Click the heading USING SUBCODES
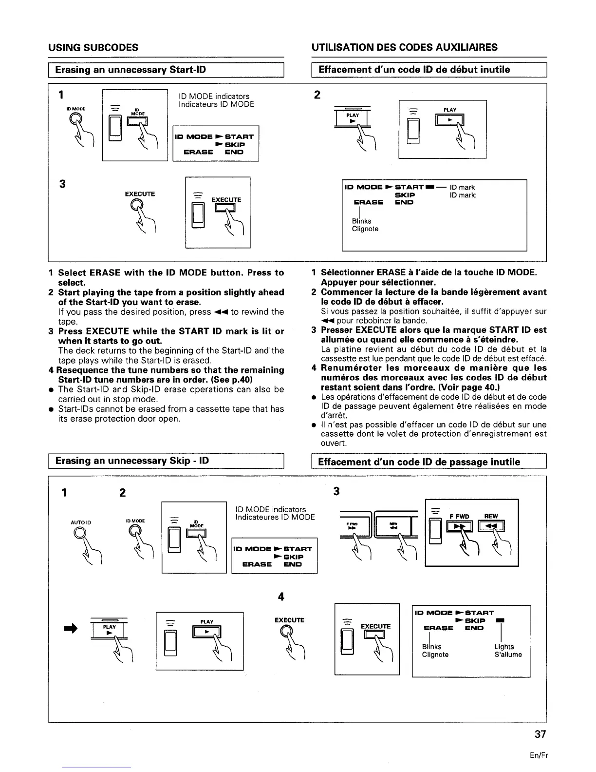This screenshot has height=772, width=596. pos(93,47)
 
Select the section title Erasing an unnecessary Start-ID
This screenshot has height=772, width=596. pos(130,70)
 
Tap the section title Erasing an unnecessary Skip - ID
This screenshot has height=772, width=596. pos(132,461)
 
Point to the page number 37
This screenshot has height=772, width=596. pos(540,734)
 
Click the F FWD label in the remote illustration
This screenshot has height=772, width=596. pos(459,516)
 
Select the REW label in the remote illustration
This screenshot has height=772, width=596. pos(491,516)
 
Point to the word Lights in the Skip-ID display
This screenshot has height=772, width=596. pos(504,647)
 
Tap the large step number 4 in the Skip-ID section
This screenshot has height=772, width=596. pos(280,597)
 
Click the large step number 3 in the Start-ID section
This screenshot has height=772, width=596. pos(62,184)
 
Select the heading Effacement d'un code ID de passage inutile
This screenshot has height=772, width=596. pos(419,462)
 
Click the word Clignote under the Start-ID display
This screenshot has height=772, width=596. pos(365,229)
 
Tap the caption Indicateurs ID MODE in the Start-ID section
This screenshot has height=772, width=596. pos(216,104)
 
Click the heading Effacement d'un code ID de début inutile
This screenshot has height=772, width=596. pos(414,70)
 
